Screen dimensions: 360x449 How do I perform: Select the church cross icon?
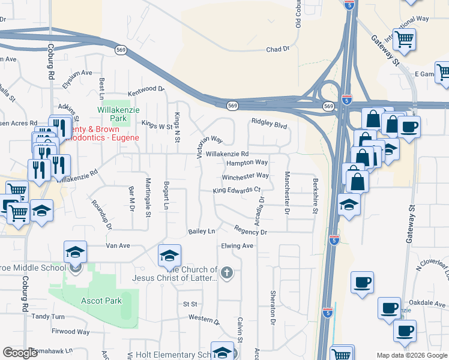[226, 274]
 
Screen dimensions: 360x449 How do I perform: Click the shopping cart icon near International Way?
[405, 40]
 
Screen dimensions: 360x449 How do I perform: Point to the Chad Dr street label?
[277, 50]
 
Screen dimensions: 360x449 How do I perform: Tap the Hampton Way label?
[247, 163]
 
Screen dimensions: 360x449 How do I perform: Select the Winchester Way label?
[246, 176]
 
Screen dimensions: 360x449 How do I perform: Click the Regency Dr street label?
[250, 231]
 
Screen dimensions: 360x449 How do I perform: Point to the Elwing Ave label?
[237, 245]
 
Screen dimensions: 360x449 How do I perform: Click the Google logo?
[20, 353]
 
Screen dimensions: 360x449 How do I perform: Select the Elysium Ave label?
[78, 74]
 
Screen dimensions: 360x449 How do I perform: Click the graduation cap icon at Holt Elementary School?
[221, 352]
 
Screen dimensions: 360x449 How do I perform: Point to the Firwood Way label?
[71, 331]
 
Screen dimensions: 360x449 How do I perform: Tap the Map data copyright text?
[412, 355]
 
